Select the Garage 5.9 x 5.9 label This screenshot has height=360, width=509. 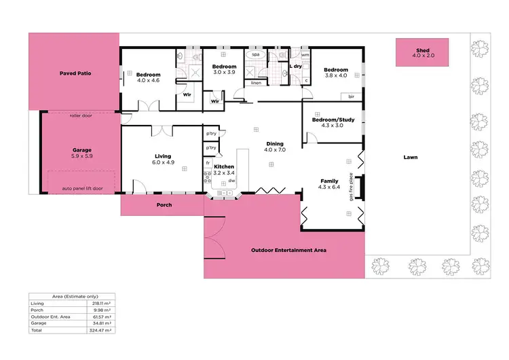82,153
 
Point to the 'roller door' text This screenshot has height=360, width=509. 80,115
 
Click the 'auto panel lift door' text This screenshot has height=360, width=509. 83,188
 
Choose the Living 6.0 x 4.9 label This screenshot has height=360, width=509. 164,159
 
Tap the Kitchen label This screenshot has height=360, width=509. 224,166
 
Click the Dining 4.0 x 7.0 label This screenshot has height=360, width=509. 274,146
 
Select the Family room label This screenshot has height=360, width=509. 329,184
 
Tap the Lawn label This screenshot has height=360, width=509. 409,157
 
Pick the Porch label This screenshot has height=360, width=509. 164,204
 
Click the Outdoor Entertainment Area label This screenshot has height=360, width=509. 288,250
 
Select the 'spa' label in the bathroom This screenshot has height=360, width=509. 256,54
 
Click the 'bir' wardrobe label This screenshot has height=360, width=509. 351,97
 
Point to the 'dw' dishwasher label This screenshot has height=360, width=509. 232,181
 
